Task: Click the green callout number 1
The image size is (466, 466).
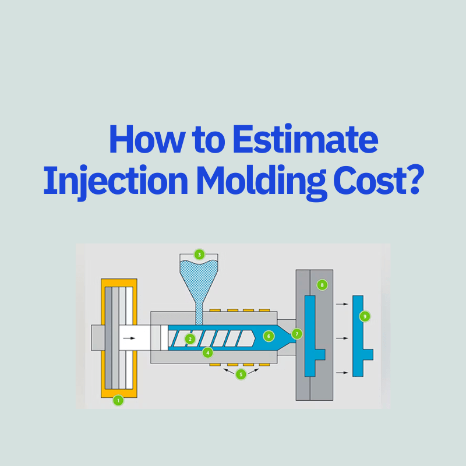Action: (x=118, y=400)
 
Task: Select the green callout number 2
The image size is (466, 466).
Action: (x=190, y=338)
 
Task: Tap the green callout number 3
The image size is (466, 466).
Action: (x=200, y=255)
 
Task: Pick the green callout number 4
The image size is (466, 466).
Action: (x=207, y=352)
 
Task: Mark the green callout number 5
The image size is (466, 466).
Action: (x=241, y=375)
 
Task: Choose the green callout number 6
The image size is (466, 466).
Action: (x=268, y=336)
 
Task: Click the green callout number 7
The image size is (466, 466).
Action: (x=297, y=334)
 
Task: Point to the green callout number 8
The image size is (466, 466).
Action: (x=322, y=285)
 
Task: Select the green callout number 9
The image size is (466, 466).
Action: (x=365, y=316)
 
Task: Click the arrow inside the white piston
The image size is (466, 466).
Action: (x=135, y=337)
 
